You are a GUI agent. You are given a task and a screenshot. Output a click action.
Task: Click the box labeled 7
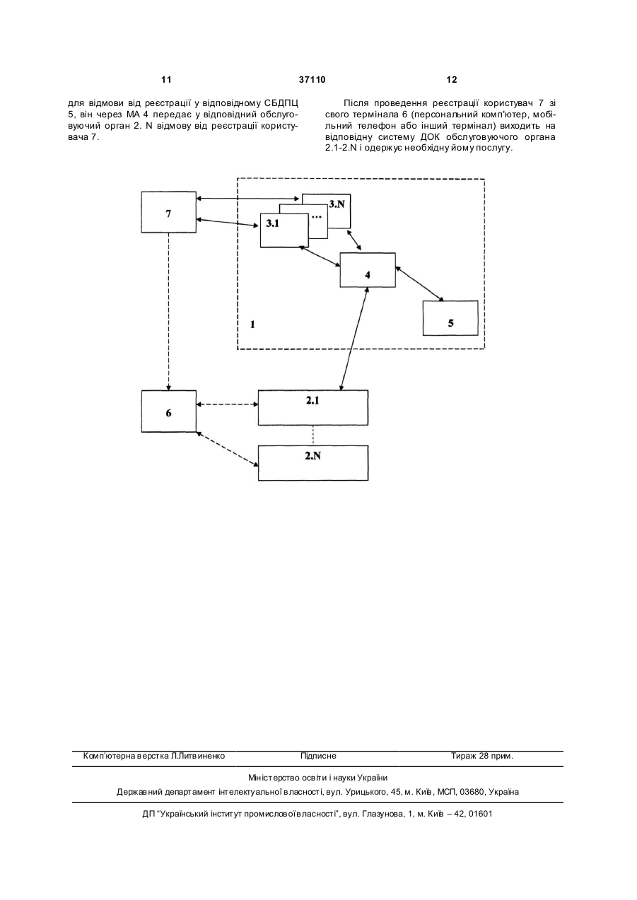tap(169, 212)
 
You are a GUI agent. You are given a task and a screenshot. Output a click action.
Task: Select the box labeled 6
tap(169, 411)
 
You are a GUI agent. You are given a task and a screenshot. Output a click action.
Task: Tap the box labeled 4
tap(368, 270)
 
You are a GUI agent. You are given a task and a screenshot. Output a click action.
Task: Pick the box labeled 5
tap(450, 318)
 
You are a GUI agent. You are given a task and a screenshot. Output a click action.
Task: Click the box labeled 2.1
tap(313, 407)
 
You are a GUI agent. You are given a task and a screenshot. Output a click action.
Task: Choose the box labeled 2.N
tap(313, 463)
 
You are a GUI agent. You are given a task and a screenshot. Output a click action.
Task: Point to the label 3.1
tap(272, 224)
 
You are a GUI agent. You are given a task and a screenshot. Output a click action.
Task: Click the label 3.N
tap(337, 204)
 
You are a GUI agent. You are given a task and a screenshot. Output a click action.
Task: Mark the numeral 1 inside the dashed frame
tap(252, 325)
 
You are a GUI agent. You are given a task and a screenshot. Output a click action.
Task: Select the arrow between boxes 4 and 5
tap(419, 284)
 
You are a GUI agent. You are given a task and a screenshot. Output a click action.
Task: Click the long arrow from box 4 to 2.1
tap(354, 339)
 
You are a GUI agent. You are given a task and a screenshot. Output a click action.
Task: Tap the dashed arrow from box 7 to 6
tap(169, 311)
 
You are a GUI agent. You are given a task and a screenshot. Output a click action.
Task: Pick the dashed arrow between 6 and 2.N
tap(227, 449)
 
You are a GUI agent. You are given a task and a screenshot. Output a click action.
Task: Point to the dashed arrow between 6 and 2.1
tap(227, 404)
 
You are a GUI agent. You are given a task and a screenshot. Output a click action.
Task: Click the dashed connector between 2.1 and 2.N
tap(313, 435)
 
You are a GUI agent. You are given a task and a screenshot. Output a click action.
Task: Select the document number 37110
tap(312, 80)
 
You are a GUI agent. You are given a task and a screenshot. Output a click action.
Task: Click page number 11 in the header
tap(166, 80)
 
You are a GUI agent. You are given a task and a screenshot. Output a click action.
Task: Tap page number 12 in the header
tap(452, 80)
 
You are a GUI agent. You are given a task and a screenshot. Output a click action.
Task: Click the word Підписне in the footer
tap(318, 756)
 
